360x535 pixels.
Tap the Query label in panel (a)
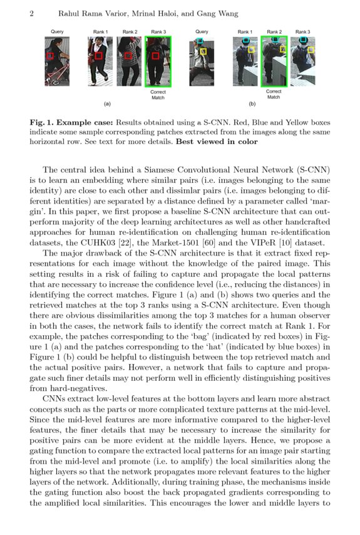(57, 31)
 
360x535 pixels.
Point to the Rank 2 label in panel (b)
(274, 31)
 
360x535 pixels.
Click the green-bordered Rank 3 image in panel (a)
(158, 61)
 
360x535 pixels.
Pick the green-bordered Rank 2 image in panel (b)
(274, 61)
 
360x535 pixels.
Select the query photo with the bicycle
(57, 61)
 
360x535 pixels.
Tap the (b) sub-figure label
(252, 103)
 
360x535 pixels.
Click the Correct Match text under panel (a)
(158, 95)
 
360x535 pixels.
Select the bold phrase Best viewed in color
(217, 142)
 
